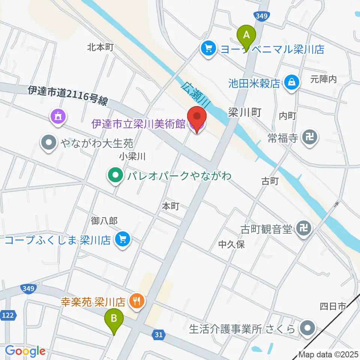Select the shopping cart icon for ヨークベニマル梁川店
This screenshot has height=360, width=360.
tap(207, 48)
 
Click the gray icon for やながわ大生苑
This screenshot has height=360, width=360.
tap(49, 143)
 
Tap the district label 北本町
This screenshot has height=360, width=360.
tap(100, 47)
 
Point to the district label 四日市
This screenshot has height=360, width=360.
tap(332, 307)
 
